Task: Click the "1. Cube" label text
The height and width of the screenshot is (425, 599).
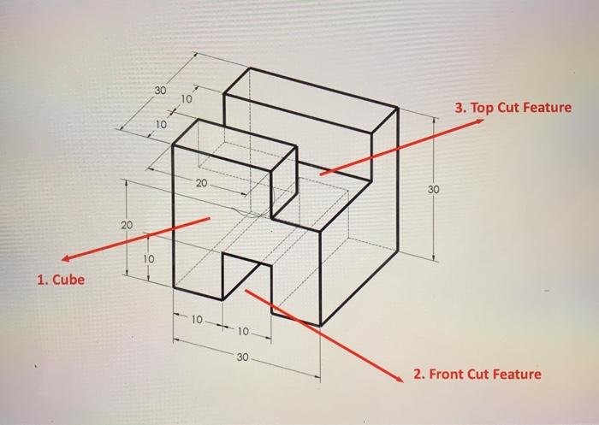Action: pyautogui.click(x=61, y=280)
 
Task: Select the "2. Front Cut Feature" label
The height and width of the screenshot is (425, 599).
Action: pyautogui.click(x=477, y=374)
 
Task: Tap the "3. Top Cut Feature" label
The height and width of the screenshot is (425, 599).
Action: pyautogui.click(x=513, y=108)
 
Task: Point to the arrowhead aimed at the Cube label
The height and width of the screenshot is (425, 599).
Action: pyautogui.click(x=65, y=259)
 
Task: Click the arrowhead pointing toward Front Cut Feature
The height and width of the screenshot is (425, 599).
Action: pyautogui.click(x=400, y=379)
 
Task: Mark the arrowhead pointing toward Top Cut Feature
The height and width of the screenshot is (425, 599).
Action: pyautogui.click(x=480, y=121)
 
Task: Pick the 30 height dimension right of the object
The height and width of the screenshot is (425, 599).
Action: pyautogui.click(x=433, y=189)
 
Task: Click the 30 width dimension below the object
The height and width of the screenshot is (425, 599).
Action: pyautogui.click(x=242, y=357)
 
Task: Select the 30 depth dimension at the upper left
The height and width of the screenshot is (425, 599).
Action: pyautogui.click(x=161, y=91)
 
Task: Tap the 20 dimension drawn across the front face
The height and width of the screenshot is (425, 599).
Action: pyautogui.click(x=201, y=183)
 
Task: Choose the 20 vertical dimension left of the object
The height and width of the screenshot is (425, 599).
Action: pyautogui.click(x=127, y=225)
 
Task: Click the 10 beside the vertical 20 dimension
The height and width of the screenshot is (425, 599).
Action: pyautogui.click(x=149, y=259)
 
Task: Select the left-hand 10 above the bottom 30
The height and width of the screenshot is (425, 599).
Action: pyautogui.click(x=196, y=319)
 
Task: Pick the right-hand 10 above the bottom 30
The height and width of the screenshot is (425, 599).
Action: pyautogui.click(x=243, y=331)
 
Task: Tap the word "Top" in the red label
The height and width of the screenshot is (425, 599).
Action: pyautogui.click(x=480, y=108)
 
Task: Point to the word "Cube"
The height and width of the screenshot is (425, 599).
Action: pyautogui.click(x=68, y=280)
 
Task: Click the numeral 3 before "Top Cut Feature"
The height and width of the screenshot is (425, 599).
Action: pyautogui.click(x=459, y=108)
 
